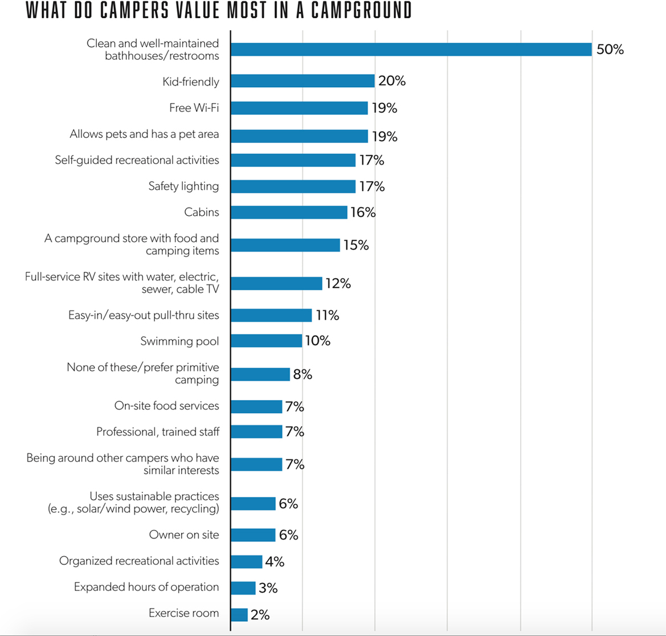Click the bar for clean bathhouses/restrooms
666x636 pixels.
point(411,50)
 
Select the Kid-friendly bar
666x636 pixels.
point(303,81)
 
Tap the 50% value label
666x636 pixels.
point(610,50)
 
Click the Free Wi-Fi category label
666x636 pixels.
point(194,108)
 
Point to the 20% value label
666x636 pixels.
point(392,81)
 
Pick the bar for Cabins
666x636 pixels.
point(289,213)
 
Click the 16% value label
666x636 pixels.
point(363,213)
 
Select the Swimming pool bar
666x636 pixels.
point(266,341)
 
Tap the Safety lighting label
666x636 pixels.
point(183,186)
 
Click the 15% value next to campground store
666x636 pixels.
point(356,245)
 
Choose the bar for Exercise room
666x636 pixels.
point(239,615)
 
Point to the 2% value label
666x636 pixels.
point(260,615)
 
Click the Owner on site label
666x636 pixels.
point(184,535)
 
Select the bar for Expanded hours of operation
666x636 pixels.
point(243,588)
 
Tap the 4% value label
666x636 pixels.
point(275,561)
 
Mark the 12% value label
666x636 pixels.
point(338,283)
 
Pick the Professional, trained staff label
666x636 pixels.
point(158,432)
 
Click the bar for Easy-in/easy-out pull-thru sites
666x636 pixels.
point(271,315)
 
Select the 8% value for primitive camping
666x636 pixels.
point(303,374)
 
